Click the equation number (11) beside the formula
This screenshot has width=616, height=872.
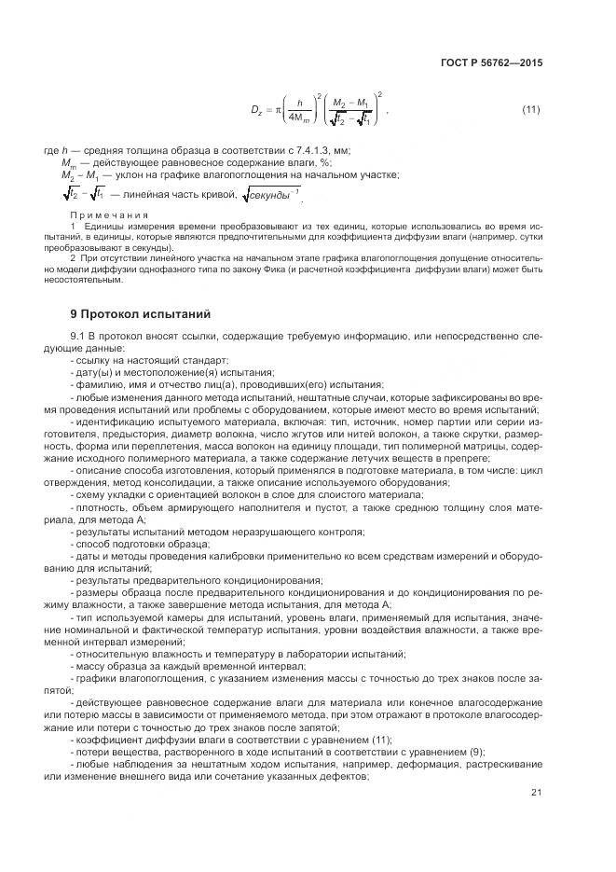click(x=530, y=111)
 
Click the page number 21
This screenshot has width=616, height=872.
click(x=535, y=793)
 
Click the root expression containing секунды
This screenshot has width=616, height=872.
click(x=271, y=194)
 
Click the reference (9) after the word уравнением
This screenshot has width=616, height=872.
click(x=479, y=751)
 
